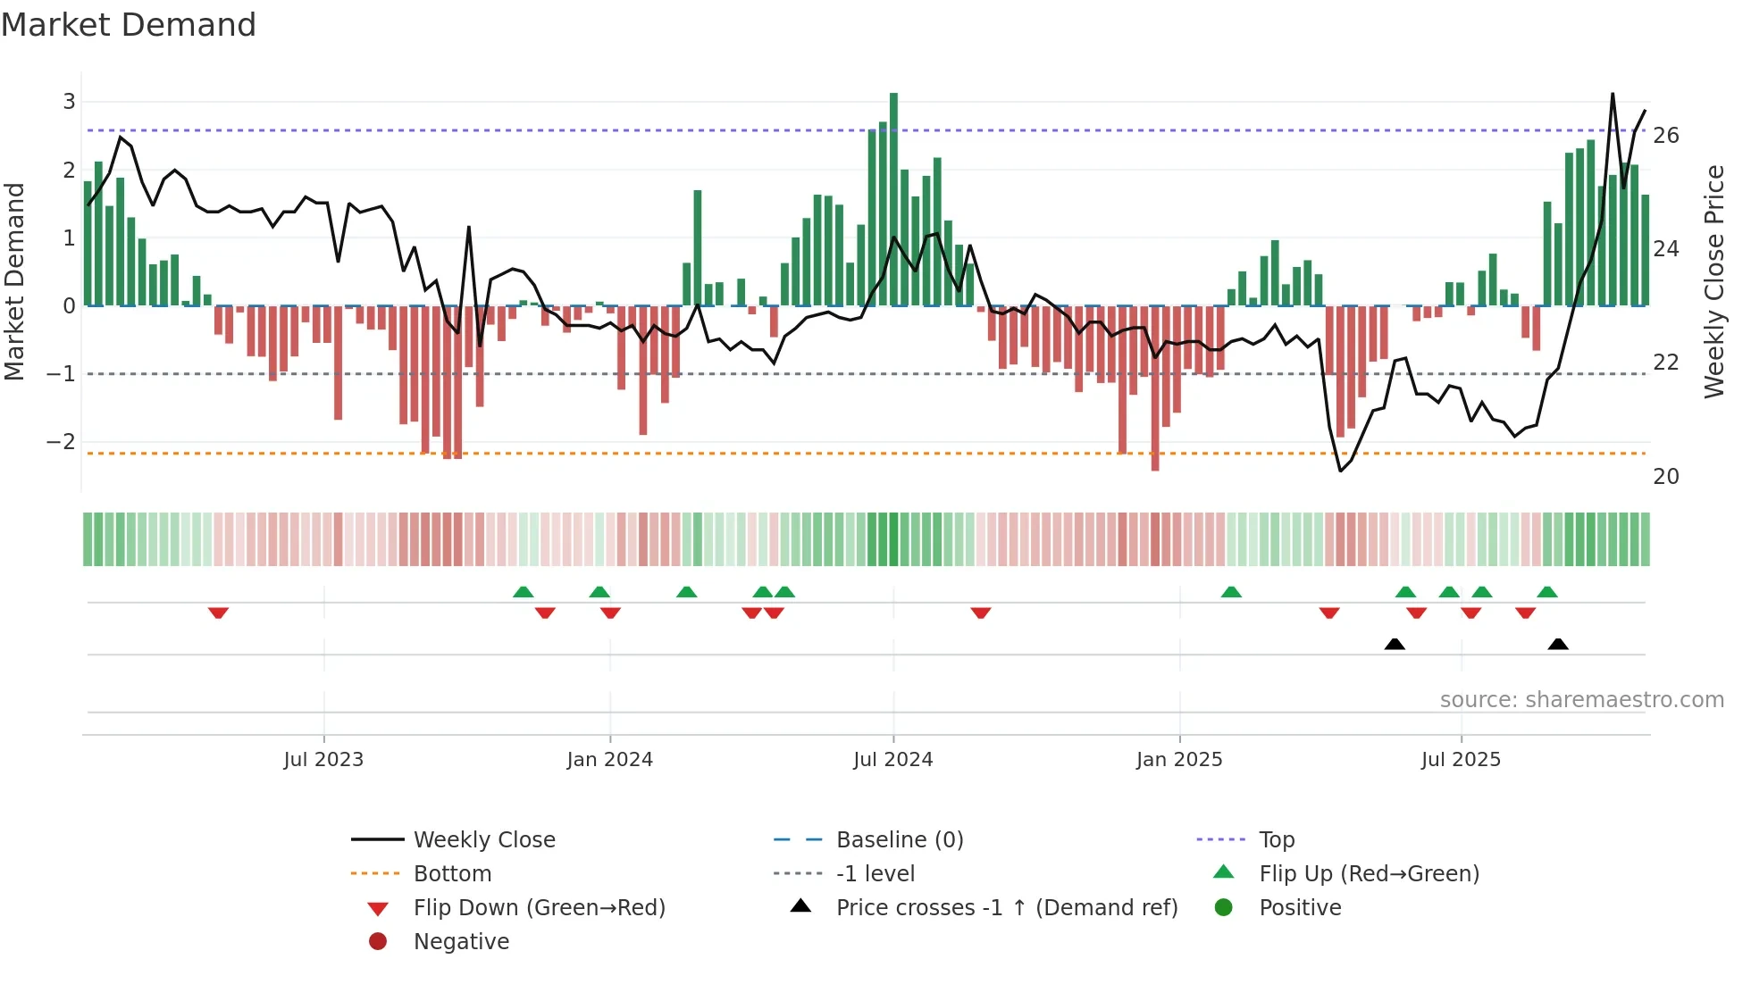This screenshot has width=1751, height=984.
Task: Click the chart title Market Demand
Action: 129,25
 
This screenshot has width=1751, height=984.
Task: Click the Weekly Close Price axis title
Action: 1713,281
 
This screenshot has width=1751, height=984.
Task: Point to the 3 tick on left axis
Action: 69,102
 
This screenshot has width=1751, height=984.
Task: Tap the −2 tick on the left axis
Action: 61,442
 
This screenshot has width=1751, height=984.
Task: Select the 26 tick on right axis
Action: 1665,136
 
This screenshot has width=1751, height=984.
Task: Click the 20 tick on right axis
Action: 1665,477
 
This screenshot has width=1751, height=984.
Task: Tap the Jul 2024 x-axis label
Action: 892,760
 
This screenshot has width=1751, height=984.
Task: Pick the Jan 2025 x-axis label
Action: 1178,760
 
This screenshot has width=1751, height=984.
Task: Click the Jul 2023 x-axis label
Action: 323,760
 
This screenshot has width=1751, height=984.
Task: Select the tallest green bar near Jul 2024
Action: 893,198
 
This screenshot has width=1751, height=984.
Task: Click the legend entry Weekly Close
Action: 483,840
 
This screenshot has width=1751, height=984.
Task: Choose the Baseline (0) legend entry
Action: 899,840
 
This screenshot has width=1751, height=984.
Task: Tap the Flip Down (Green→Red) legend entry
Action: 539,908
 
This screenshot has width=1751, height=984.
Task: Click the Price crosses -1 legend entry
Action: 1006,908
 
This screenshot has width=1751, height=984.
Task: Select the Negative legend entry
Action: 461,942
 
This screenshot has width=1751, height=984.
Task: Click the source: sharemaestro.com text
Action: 1581,700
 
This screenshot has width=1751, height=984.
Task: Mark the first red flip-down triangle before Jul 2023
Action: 218,613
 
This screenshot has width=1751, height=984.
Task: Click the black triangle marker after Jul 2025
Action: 1558,644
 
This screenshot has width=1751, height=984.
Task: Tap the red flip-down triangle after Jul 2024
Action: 981,613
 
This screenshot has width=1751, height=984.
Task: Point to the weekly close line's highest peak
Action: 1613,94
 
